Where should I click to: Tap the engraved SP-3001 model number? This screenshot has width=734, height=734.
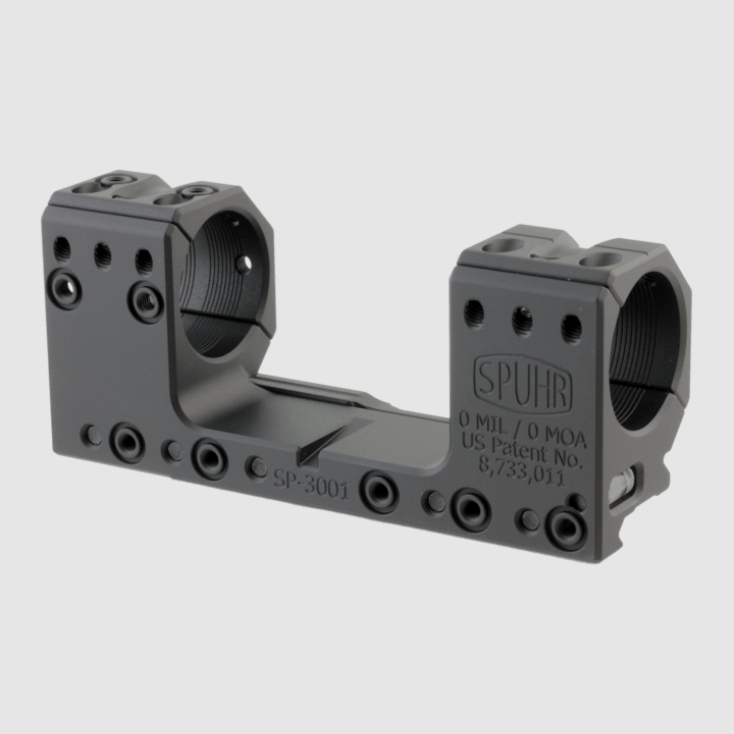tap(311, 484)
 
